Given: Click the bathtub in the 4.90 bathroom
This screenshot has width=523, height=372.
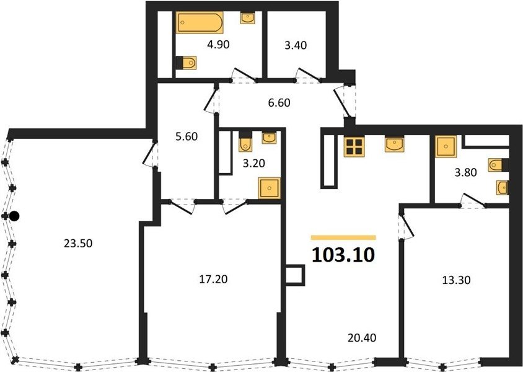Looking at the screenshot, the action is click(x=200, y=23).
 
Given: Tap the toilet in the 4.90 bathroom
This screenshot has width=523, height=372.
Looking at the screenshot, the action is click(x=186, y=63).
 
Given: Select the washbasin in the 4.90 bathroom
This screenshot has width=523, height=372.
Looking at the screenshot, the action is click(x=248, y=18).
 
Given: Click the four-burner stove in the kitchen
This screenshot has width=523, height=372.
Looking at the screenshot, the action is click(x=354, y=147).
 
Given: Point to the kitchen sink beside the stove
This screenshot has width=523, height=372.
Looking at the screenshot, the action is click(x=394, y=144).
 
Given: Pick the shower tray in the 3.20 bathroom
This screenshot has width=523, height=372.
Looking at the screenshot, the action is click(x=269, y=188).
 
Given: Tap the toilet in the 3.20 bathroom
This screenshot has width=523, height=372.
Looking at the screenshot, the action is click(x=245, y=141).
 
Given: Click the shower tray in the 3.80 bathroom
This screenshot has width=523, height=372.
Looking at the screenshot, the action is click(x=446, y=146).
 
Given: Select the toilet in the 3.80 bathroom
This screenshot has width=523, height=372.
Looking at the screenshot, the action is click(x=498, y=165).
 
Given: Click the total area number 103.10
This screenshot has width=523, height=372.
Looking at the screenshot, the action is click(x=343, y=255).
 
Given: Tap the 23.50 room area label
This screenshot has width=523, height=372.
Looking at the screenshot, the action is click(x=78, y=243).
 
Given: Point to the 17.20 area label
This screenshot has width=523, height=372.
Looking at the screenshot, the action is click(x=213, y=279).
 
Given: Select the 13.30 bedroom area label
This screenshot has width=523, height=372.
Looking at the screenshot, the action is click(x=456, y=280).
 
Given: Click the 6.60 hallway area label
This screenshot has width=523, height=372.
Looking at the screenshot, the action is click(x=279, y=103).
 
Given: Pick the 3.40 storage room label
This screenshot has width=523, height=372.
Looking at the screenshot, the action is click(x=296, y=45).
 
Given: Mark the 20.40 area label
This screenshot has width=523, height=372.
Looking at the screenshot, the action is click(x=362, y=338).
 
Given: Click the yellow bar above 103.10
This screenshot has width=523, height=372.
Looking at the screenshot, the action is click(x=343, y=237).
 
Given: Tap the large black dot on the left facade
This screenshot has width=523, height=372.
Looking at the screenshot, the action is click(x=14, y=216).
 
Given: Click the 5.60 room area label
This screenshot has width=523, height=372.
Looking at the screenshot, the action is click(x=187, y=136).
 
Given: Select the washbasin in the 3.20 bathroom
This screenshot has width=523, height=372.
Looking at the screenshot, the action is click(x=269, y=138).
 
